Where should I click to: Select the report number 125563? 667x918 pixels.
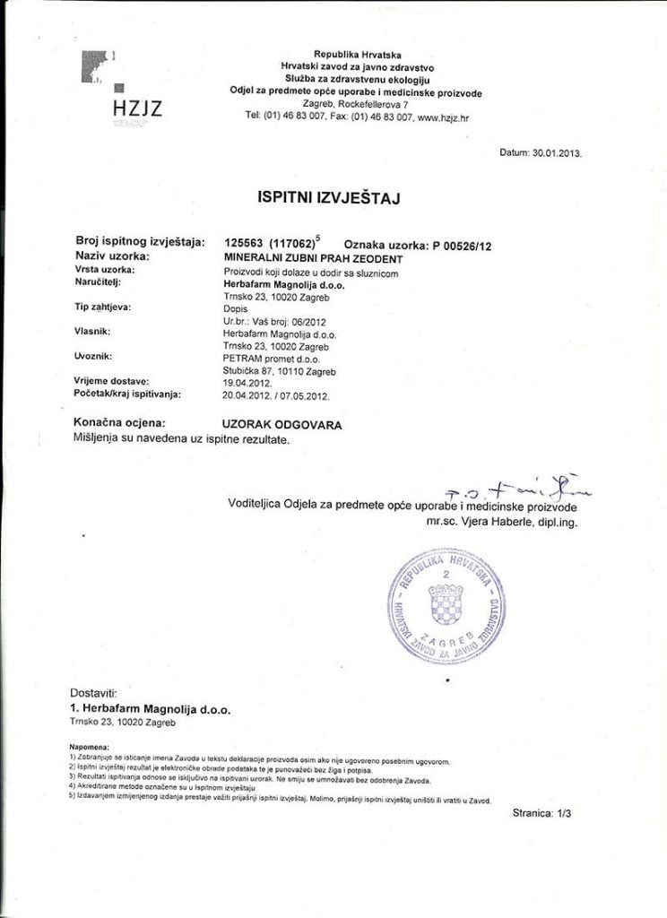240,242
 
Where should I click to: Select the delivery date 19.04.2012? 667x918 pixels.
247,381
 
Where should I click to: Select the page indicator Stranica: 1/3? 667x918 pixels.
547,814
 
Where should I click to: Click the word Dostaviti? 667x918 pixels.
93,693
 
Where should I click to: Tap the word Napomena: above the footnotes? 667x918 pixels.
90,746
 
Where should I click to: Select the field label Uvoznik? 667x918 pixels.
93,357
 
